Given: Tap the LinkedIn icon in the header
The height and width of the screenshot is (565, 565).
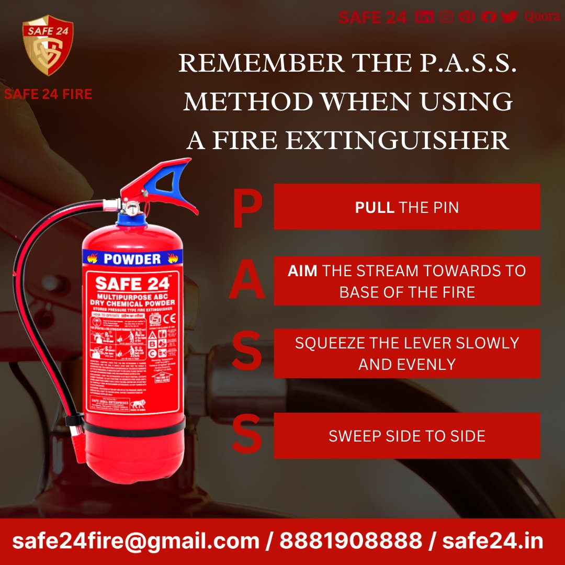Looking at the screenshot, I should (424, 17).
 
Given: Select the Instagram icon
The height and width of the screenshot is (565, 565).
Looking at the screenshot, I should (446, 17).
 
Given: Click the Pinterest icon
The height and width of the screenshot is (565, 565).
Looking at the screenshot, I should (467, 17).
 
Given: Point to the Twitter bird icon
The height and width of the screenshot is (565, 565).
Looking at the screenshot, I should (508, 17).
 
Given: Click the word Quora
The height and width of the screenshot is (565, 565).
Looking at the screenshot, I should (541, 17).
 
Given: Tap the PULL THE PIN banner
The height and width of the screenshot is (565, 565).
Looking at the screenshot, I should (406, 207).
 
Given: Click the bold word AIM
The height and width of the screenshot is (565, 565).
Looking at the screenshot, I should (302, 271).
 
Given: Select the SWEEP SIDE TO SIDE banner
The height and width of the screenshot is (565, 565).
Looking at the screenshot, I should (406, 436).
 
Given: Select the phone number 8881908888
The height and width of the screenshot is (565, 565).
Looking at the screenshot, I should (351, 541).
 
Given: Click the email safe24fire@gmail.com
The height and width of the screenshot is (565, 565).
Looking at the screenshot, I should (135, 541).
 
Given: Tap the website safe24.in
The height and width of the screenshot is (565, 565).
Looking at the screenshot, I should (492, 541).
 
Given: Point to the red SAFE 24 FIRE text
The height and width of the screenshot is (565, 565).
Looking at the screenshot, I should (48, 95).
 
